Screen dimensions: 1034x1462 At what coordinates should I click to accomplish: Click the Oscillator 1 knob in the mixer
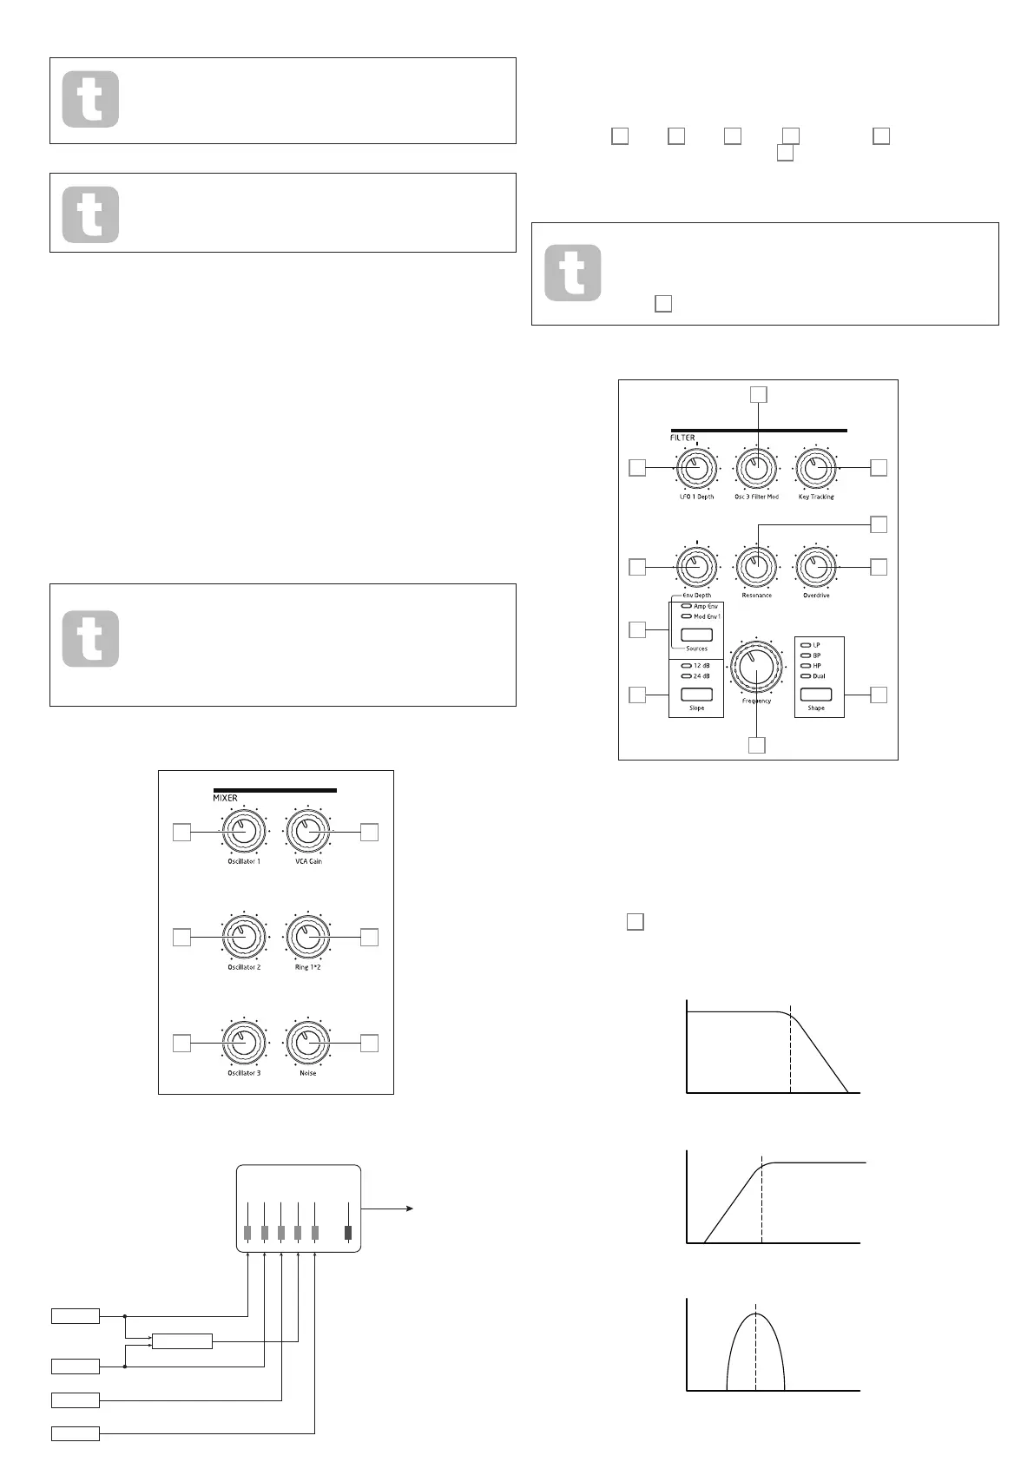coord(244,832)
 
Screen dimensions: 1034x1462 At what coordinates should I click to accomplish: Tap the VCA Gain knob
coord(308,832)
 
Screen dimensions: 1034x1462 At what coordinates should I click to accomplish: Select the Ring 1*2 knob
coord(308,937)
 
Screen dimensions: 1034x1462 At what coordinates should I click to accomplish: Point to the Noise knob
coord(308,1043)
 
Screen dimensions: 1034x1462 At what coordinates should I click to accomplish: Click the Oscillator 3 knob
coord(244,1043)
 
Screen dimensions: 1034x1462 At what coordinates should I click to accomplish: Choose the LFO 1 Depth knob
coord(696,468)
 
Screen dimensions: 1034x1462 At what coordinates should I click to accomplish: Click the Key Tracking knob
coord(816,468)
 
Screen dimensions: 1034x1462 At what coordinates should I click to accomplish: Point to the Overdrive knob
coord(816,567)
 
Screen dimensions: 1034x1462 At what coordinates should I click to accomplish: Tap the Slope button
coord(696,694)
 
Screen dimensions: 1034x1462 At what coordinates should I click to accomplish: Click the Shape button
coord(816,694)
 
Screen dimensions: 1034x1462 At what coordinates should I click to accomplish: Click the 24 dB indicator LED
coord(686,675)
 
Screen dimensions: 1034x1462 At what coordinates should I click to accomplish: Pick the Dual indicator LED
coord(805,675)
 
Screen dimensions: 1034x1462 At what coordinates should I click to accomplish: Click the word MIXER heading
coord(225,798)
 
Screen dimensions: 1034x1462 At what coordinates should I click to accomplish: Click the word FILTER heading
coord(682,438)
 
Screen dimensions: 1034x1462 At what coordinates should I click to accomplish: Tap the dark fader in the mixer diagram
coord(349,1233)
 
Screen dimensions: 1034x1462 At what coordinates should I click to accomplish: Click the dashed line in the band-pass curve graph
coord(756,1354)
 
